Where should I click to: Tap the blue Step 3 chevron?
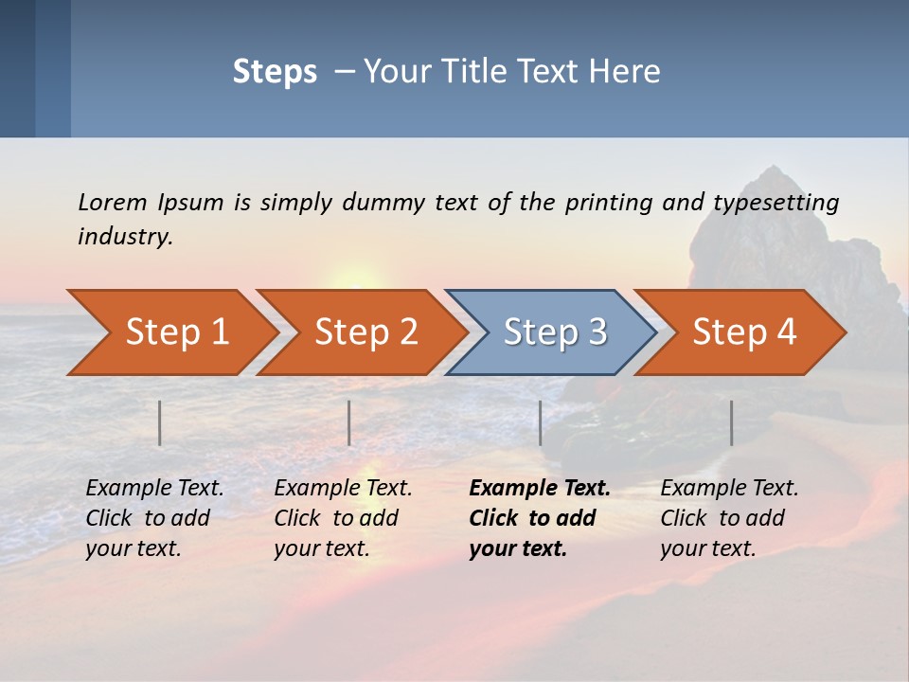(555, 332)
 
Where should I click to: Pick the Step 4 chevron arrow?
(744, 332)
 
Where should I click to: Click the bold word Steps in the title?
(275, 72)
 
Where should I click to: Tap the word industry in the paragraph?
(125, 237)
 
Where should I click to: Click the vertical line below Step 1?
(160, 422)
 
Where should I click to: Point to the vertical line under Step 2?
(349, 422)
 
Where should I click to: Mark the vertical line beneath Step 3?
(541, 422)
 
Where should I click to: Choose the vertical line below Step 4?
(732, 422)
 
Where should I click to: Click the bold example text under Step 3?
(539, 518)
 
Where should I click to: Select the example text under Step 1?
(154, 518)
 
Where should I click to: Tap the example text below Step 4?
(729, 518)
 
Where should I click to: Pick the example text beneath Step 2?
(343, 518)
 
